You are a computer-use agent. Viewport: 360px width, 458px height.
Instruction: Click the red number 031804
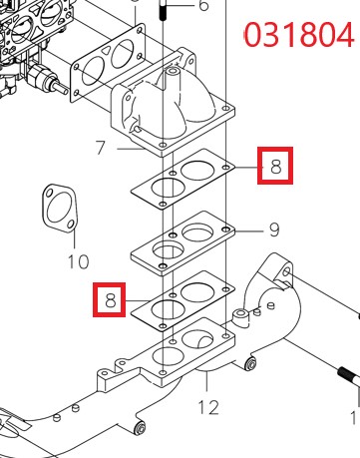point(298,34)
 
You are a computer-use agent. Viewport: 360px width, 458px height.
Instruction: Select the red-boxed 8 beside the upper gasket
point(275,166)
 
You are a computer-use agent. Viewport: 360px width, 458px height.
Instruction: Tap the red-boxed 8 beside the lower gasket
point(110,299)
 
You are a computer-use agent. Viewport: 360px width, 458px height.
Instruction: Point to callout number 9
point(274,229)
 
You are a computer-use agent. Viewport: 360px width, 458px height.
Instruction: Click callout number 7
point(101,148)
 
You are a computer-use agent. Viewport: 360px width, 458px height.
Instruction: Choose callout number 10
point(79,261)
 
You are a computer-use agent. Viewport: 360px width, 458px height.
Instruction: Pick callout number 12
point(208,407)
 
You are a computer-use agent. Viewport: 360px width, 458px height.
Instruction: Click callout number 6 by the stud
point(203,5)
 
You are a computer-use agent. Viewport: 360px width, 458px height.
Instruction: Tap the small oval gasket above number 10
point(60,209)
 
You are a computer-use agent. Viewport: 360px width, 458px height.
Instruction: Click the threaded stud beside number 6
point(163,10)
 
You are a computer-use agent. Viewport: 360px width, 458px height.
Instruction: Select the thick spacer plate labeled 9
point(182,243)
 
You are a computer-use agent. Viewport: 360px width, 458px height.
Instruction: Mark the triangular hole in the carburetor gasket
point(107,51)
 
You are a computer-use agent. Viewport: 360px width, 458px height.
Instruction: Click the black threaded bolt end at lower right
point(349,377)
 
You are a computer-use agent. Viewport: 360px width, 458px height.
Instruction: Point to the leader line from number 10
point(75,239)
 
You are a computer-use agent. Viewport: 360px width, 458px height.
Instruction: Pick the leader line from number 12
point(207,382)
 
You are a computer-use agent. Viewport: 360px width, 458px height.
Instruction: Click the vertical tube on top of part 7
point(172,79)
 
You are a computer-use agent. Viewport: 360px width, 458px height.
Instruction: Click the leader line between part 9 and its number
point(248,230)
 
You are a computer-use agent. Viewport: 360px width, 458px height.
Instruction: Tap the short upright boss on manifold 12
point(241,317)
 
